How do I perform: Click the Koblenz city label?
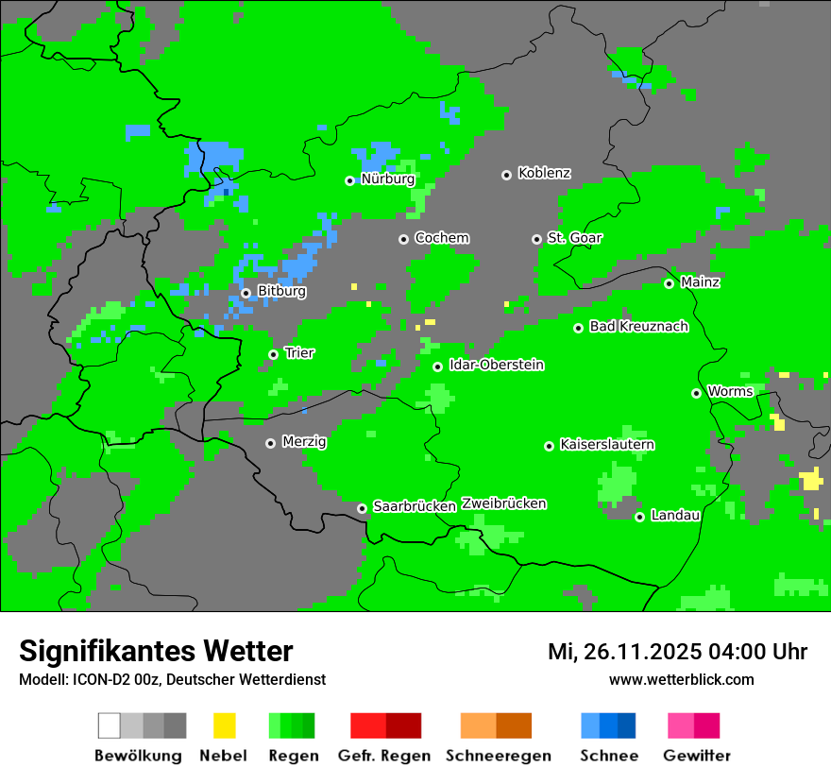544,174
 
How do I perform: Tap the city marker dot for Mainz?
669,283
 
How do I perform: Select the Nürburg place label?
387,179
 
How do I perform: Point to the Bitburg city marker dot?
246,293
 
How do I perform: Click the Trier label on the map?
299,353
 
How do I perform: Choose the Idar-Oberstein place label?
496,366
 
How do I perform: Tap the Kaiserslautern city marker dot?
549,446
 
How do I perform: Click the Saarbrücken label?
415,506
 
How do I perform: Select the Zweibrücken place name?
503,503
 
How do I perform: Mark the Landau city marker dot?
639,517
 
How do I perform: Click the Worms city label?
730,392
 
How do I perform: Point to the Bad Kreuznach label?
638,327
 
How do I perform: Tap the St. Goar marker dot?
536,239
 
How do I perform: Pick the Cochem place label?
441,238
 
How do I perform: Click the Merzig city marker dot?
270,443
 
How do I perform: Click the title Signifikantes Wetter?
156,651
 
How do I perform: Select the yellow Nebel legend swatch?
224,725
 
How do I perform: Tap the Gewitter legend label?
696,756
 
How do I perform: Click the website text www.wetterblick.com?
681,679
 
